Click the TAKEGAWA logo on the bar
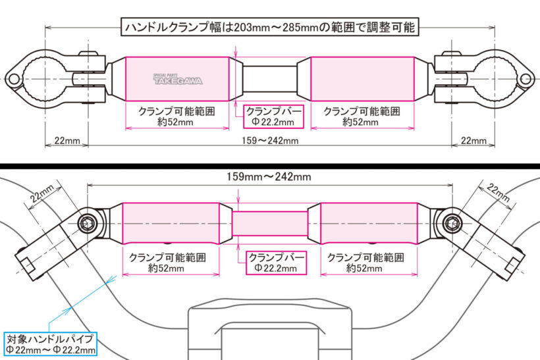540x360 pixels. click(178, 80)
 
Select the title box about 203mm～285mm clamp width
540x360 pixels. click(270, 26)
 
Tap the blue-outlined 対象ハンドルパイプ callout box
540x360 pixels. click(50, 344)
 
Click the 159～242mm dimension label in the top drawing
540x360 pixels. click(270, 140)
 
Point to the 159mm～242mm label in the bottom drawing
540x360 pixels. click(269, 177)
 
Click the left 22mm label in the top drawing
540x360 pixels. click(67, 140)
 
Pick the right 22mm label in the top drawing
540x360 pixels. click(473, 140)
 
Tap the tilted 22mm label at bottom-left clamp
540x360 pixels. click(42, 193)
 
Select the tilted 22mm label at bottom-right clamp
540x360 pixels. click(499, 192)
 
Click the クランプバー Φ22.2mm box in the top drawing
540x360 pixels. click(273, 116)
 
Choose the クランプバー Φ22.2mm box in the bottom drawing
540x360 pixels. click(276, 263)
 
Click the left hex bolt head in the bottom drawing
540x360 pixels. click(88, 223)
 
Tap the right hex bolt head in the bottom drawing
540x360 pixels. click(452, 223)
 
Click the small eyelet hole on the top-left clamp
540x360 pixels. click(13, 80)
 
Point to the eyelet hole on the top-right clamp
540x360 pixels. click(526, 80)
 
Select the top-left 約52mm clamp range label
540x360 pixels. click(175, 122)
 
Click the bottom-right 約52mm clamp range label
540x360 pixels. click(364, 269)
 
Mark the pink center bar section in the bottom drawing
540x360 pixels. click(269, 223)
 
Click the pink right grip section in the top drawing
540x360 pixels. click(362, 79)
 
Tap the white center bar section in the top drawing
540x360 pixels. click(269, 79)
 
